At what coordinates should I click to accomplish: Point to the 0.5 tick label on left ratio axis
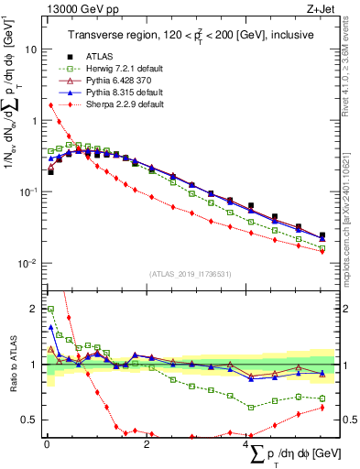pos(27,420)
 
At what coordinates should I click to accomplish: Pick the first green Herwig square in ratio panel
pos(50,310)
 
